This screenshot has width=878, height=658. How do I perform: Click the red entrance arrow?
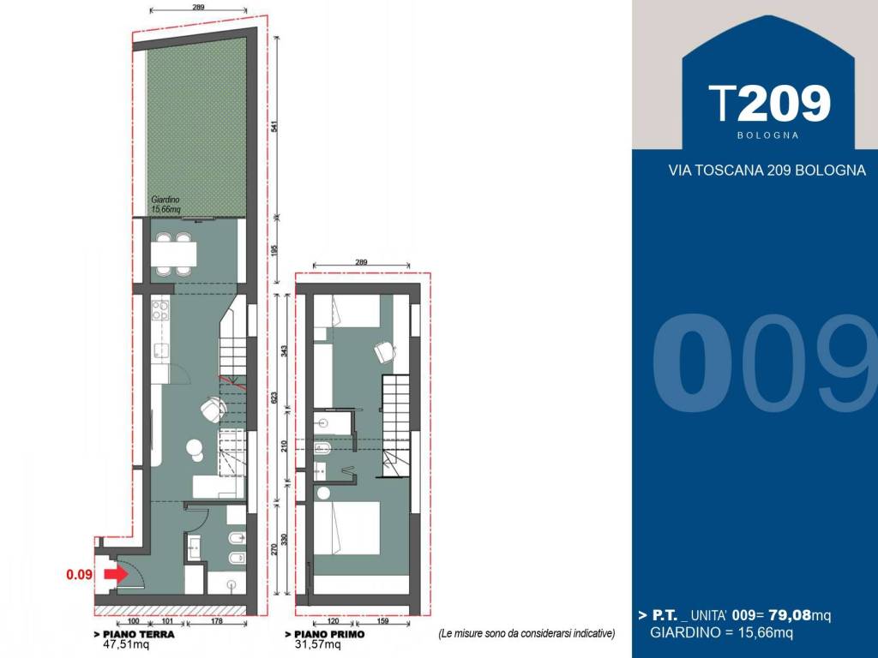(x=116, y=574)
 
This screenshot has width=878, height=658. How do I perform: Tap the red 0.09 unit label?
(x=79, y=575)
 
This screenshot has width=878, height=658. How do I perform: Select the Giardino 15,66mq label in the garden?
(x=165, y=204)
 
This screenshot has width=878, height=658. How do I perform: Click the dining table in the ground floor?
(x=173, y=254)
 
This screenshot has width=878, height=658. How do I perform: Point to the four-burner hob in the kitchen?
(x=160, y=310)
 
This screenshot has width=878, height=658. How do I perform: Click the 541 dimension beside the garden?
(x=274, y=127)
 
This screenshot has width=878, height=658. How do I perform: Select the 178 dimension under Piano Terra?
(x=217, y=621)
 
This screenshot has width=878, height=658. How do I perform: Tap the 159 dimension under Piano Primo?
(x=383, y=621)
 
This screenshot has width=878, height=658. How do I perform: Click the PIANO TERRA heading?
(x=135, y=635)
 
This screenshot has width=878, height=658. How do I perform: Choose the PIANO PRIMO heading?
(x=325, y=635)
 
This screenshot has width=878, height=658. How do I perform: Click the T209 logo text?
(x=769, y=104)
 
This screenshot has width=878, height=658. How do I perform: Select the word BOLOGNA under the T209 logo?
(x=767, y=135)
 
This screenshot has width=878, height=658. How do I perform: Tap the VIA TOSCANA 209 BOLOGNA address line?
(x=767, y=170)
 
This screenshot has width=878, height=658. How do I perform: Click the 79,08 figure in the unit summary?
(x=790, y=615)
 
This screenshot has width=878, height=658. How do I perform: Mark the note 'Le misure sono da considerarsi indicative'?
(x=526, y=634)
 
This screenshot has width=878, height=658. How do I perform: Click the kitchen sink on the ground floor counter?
(x=161, y=350)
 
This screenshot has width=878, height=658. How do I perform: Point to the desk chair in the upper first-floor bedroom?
(x=385, y=351)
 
